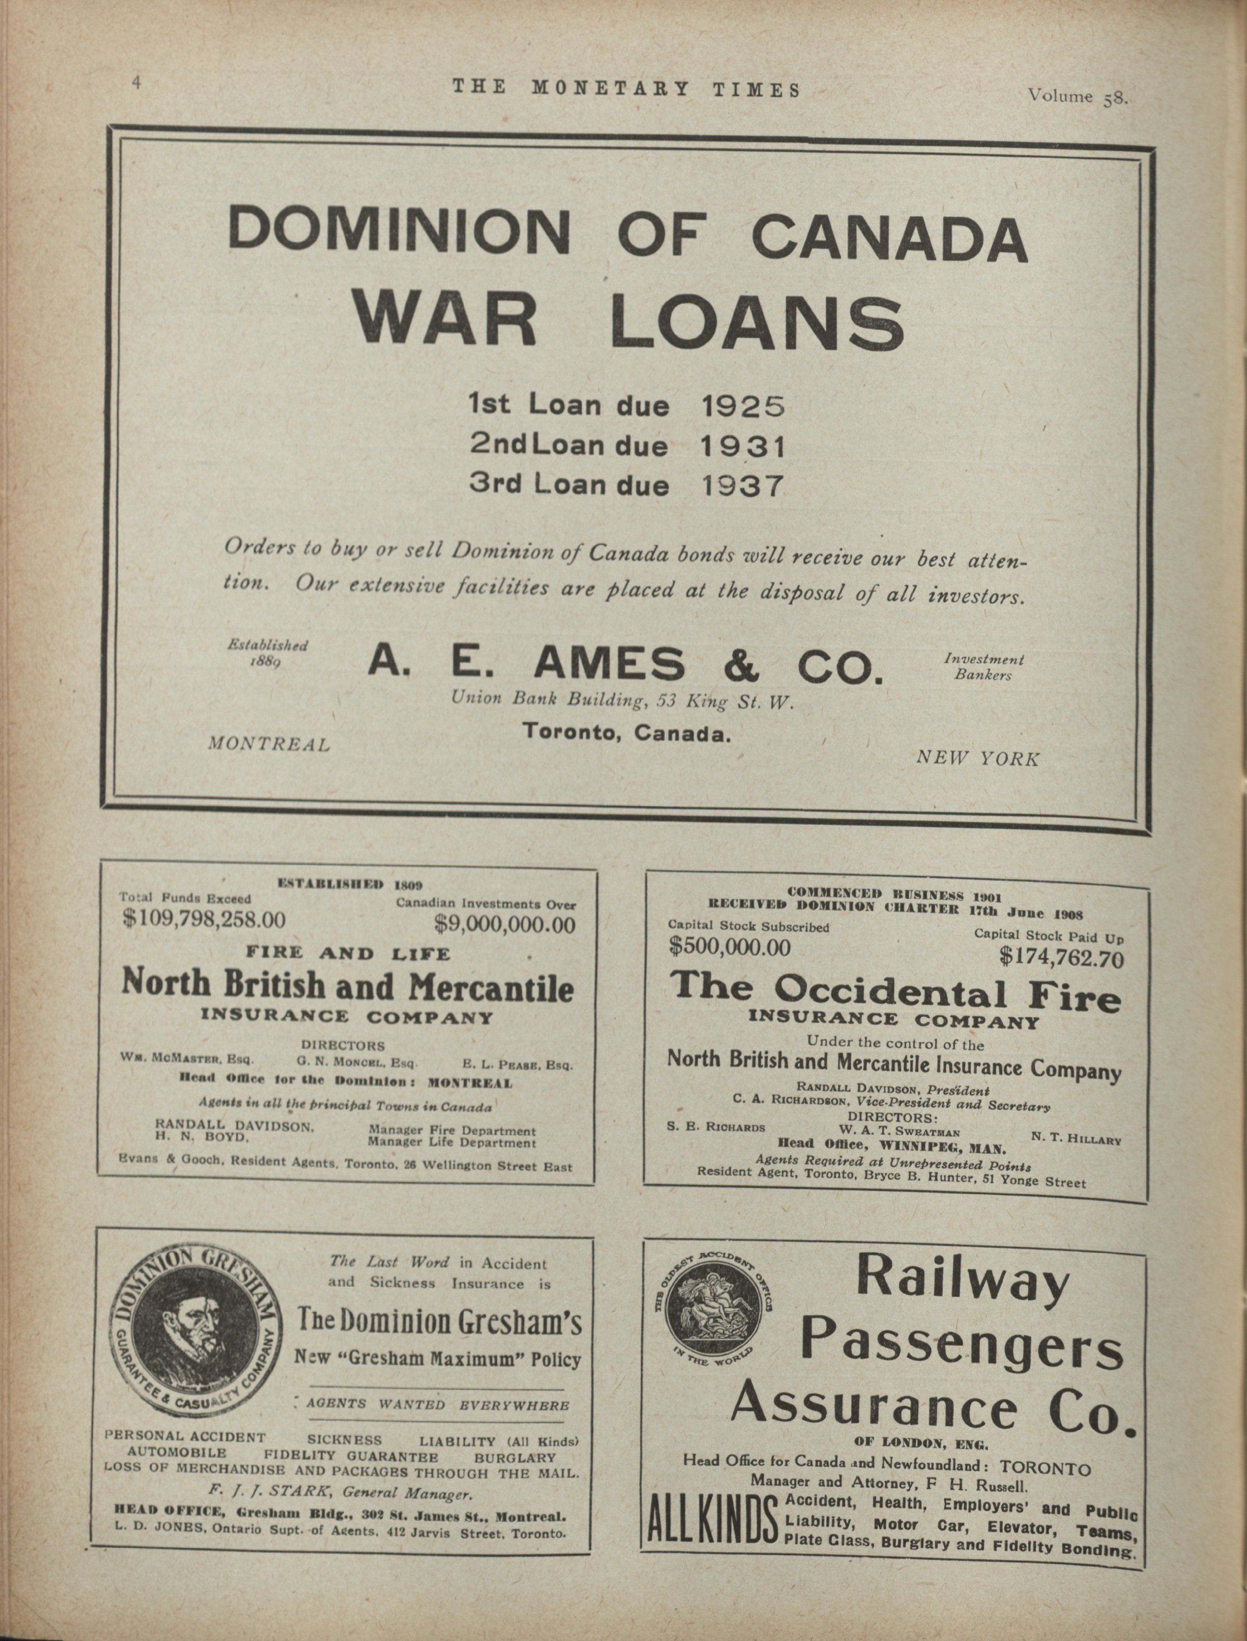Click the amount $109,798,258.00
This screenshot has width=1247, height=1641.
click(x=204, y=920)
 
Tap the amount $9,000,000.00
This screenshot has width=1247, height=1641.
click(x=505, y=925)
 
